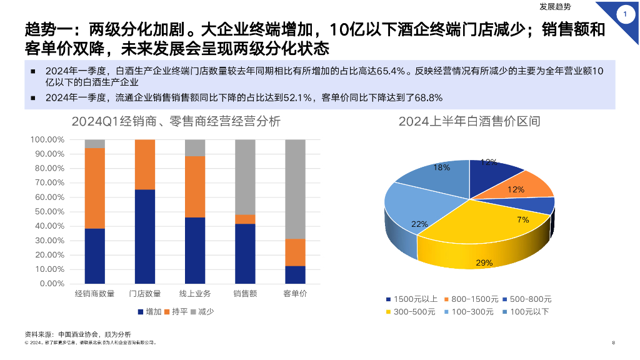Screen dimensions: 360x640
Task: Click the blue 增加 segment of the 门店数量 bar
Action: pos(145,236)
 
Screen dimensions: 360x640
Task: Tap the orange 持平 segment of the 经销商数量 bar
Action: pos(95,188)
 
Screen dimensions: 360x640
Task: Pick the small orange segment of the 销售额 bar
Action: pos(245,219)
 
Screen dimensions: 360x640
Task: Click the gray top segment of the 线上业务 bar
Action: pos(195,147)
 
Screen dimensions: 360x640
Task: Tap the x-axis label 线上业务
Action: pos(195,294)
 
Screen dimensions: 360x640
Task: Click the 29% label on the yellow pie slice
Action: pos(484,263)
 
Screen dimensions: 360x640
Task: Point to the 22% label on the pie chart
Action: pos(419,224)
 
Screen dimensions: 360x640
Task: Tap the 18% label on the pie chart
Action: pos(442,167)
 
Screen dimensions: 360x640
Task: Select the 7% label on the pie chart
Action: pos(523,219)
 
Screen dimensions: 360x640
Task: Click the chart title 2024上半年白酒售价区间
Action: pos(469,121)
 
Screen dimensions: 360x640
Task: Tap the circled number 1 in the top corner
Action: pos(625,14)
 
